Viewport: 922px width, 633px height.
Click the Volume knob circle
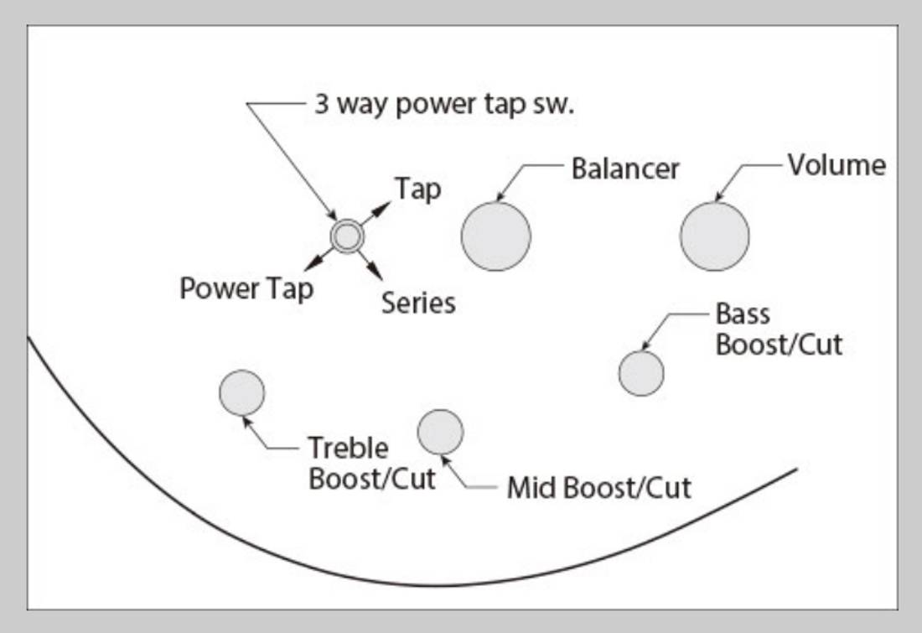(714, 236)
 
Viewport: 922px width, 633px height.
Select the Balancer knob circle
(495, 236)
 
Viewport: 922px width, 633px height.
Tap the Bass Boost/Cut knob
(641, 373)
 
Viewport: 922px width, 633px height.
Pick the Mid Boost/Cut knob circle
(440, 432)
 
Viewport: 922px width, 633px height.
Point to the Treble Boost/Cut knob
(241, 392)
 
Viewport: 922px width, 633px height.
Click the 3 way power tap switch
(347, 236)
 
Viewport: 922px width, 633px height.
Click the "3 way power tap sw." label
(444, 105)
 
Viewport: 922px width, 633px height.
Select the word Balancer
(625, 169)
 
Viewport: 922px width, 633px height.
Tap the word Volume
(837, 165)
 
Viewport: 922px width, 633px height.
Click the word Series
(418, 303)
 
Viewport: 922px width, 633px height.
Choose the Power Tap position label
(246, 289)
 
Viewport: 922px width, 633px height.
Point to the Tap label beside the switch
(418, 189)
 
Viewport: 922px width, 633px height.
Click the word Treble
(348, 448)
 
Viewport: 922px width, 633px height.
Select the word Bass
(743, 314)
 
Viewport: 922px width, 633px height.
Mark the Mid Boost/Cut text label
(598, 488)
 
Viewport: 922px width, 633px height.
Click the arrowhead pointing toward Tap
(383, 208)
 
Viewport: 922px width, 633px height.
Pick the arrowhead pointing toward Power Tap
(313, 263)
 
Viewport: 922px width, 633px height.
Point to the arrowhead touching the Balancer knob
(501, 196)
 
